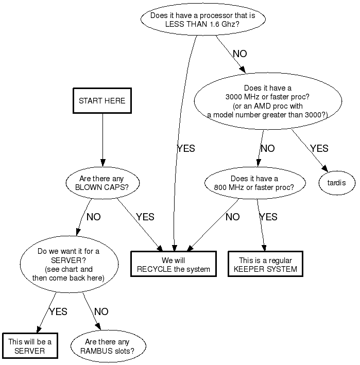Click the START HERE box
coord(102,101)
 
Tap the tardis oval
coord(337,182)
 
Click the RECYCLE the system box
coord(174,265)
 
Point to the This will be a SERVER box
coord(29,346)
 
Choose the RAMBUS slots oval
coord(108,346)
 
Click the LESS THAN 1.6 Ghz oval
coord(203,20)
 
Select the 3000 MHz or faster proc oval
coord(268,101)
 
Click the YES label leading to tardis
coord(319,148)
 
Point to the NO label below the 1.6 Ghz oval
coord(239,54)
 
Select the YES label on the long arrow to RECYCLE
coord(186,148)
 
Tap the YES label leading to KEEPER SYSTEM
coord(268,217)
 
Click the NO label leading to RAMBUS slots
coord(101,311)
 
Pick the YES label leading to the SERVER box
coord(58,311)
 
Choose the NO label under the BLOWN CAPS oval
coord(94,217)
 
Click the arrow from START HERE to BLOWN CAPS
coord(102,138)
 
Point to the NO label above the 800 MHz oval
coord(267,148)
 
